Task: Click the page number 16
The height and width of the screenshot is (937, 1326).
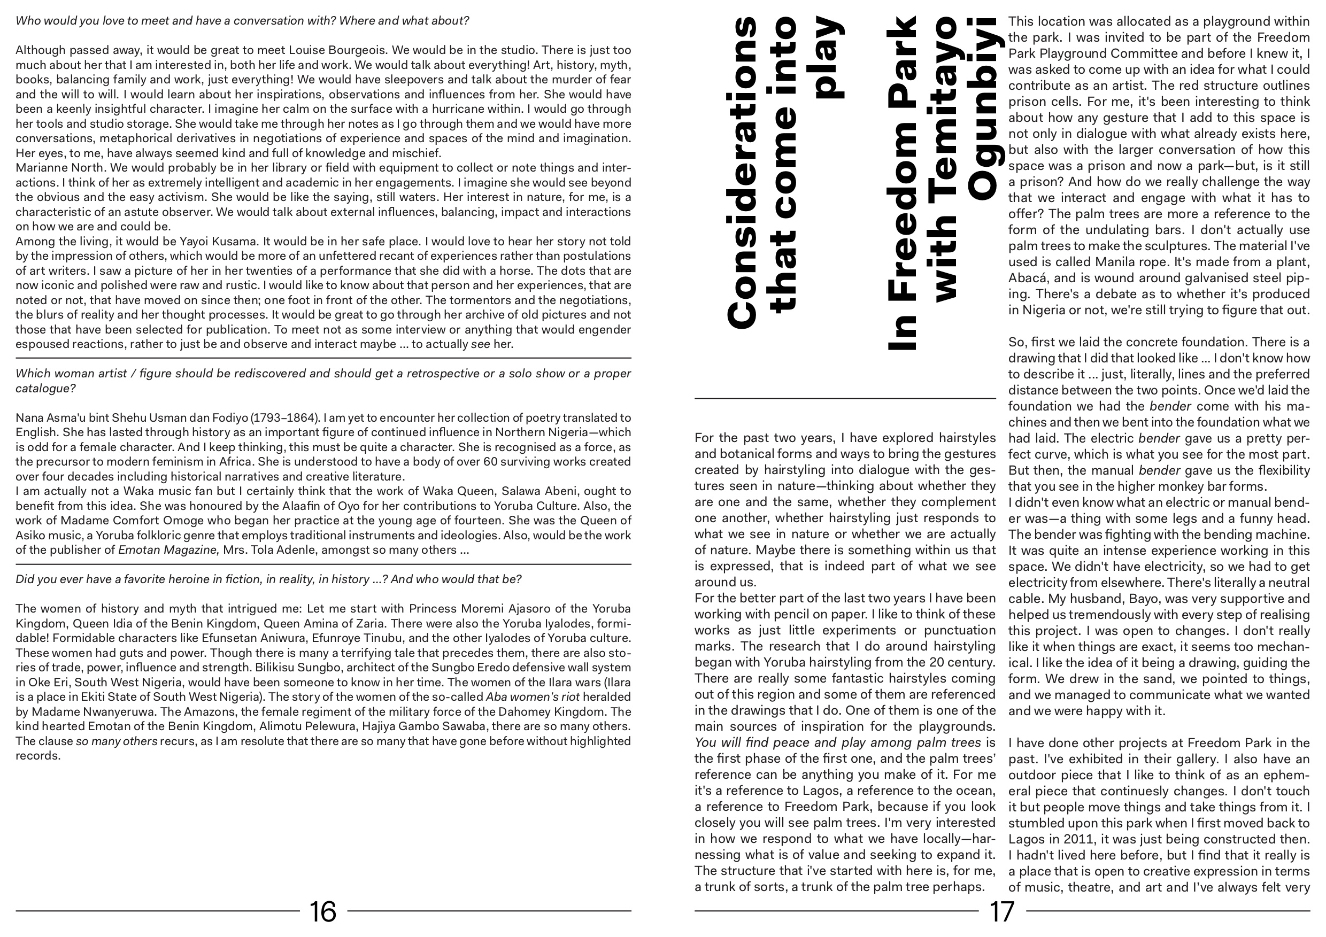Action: (x=323, y=911)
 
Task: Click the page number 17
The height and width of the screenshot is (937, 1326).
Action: (x=1002, y=911)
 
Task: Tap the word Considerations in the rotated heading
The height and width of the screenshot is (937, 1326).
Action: (x=741, y=173)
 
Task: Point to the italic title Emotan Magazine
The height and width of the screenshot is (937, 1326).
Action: (x=168, y=549)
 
